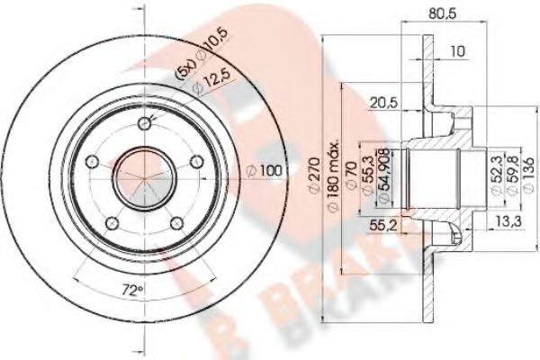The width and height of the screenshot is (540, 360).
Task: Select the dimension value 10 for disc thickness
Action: click(457, 51)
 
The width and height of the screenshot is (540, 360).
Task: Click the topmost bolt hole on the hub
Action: click(144, 123)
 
